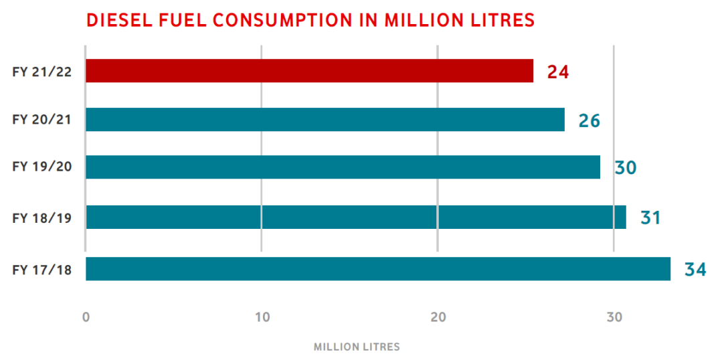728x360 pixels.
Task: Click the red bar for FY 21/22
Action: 309,71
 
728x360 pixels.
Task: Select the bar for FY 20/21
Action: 325,120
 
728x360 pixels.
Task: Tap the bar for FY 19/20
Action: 343,167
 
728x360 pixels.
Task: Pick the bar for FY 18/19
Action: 355,217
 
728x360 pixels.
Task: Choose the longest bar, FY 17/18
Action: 378,269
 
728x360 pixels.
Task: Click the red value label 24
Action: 558,72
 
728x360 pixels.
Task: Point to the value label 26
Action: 589,121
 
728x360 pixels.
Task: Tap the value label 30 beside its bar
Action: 626,168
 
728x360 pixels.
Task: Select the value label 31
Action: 650,218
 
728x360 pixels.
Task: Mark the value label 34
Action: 695,270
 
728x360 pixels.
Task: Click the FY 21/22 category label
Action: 42,72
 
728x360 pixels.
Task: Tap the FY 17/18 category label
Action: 42,270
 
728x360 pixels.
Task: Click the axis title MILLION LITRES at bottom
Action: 357,347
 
